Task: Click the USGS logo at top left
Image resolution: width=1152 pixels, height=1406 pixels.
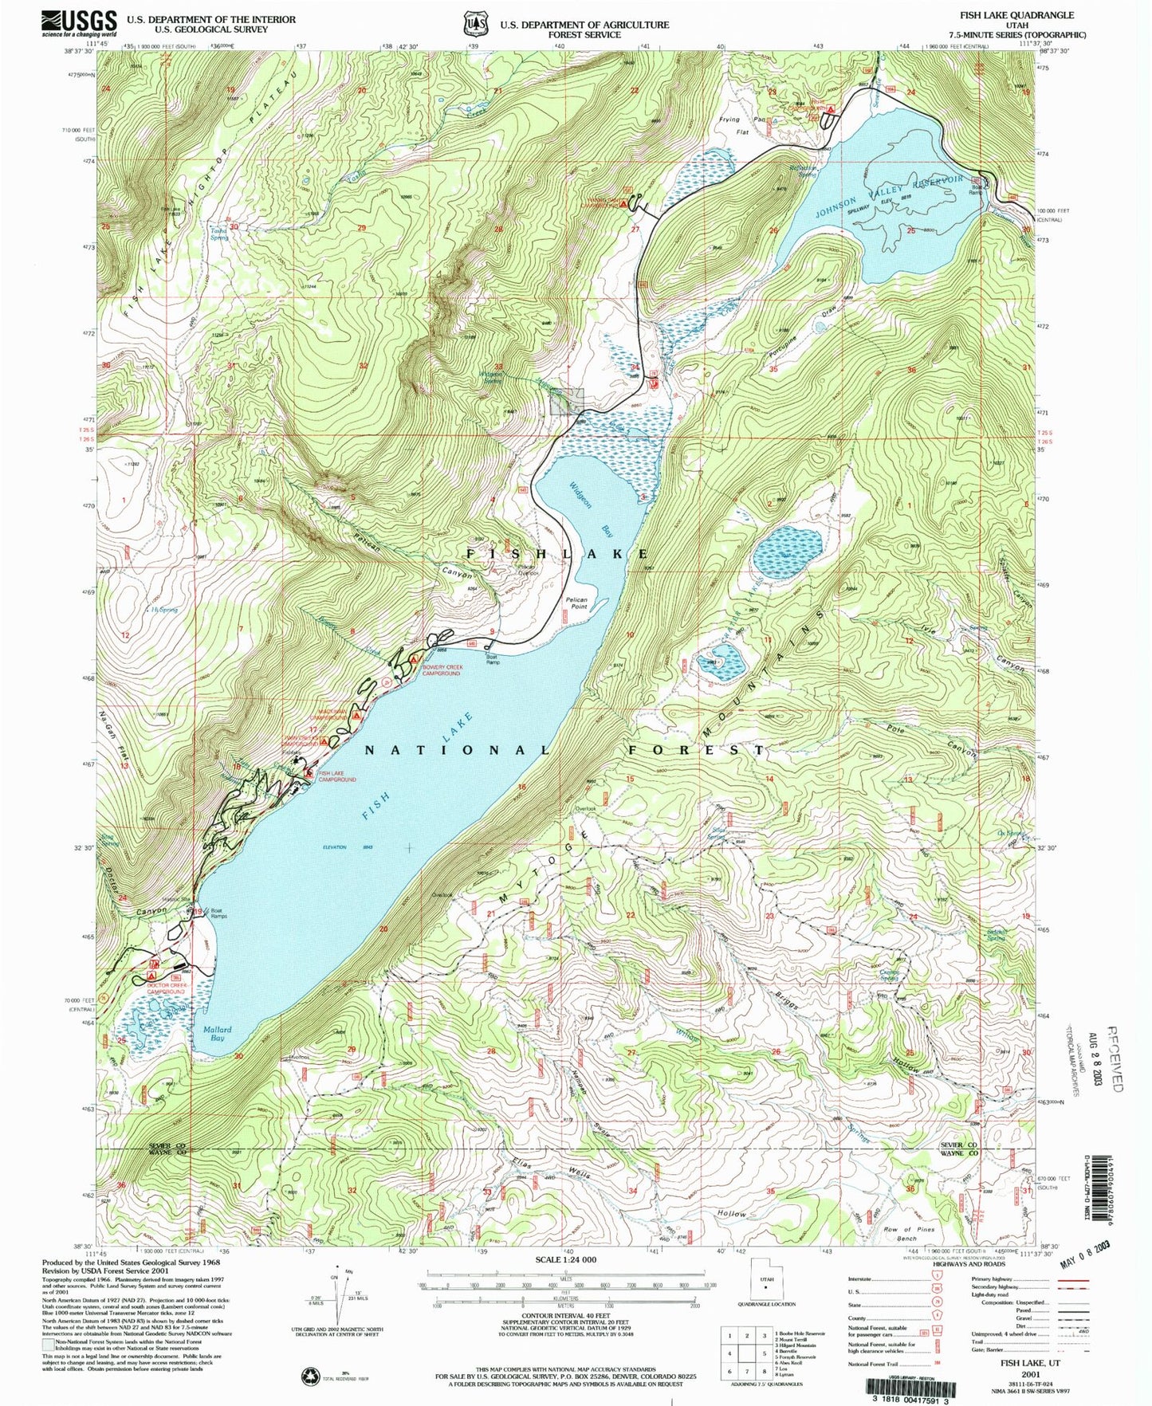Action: point(80,22)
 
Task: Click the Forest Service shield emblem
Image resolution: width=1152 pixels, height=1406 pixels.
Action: point(477,24)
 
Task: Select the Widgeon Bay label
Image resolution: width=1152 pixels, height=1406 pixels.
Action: point(591,509)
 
